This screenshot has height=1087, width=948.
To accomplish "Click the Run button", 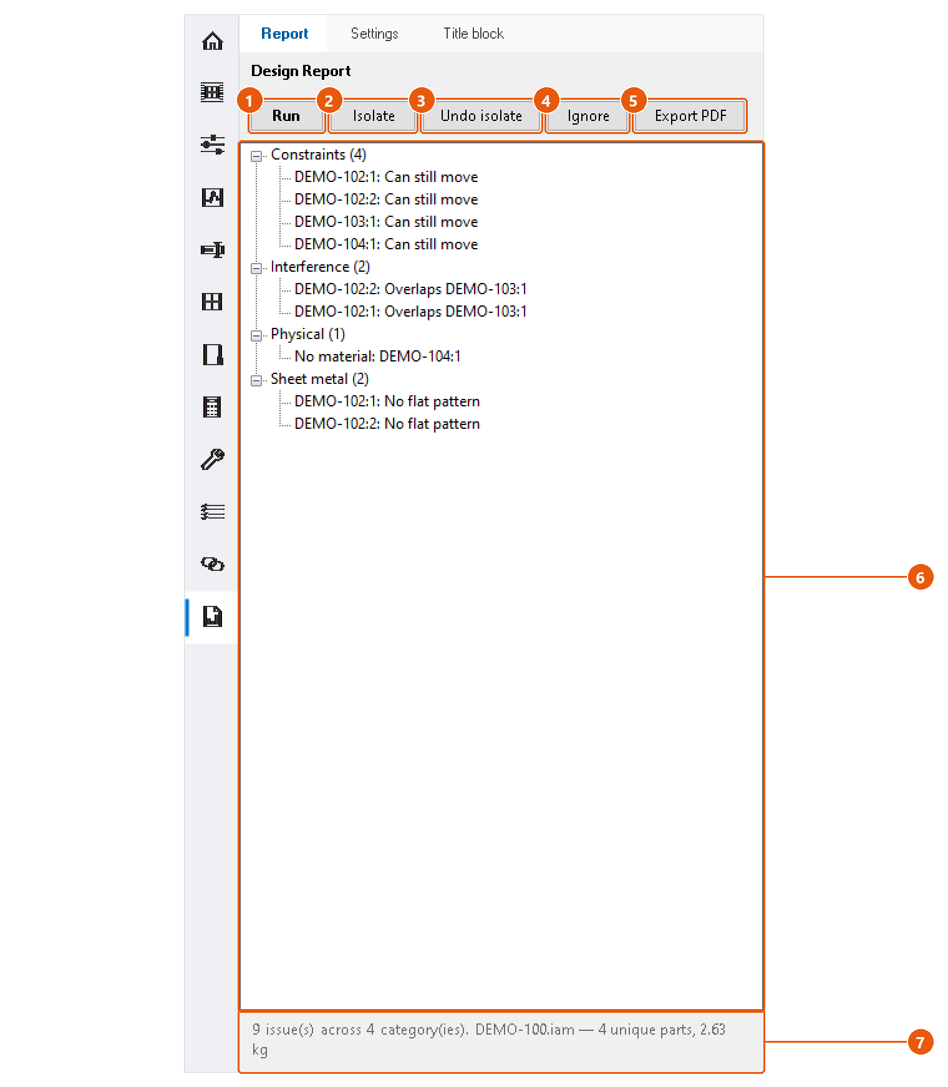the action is click(x=286, y=116).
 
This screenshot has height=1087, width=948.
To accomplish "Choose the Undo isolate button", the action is click(x=481, y=116).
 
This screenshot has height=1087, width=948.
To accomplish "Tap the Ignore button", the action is click(x=588, y=116).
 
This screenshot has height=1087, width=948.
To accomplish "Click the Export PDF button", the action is click(x=690, y=116).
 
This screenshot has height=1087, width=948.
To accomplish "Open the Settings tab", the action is click(x=374, y=34).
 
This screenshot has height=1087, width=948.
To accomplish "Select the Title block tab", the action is click(x=473, y=34).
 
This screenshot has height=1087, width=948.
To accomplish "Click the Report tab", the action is click(x=284, y=34).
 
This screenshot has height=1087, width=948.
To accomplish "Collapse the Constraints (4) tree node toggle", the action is click(x=256, y=156).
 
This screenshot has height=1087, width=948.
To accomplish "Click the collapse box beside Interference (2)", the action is click(x=256, y=268).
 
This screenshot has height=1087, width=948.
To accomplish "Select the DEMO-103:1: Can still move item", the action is click(x=386, y=222).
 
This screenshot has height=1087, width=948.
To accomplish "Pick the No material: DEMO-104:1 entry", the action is click(x=377, y=357).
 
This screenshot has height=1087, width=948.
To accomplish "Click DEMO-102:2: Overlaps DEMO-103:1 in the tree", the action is click(x=410, y=289).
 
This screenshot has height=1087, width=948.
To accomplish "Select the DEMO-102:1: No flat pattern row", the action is click(x=387, y=401).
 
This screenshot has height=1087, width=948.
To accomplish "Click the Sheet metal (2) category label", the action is click(x=319, y=379).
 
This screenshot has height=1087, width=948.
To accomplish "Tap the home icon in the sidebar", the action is click(x=213, y=41).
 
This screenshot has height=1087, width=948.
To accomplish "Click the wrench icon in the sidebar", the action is click(x=213, y=459).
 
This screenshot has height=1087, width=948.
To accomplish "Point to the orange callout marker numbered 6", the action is click(x=920, y=577).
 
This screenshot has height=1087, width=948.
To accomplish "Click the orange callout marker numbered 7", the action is click(x=920, y=1042).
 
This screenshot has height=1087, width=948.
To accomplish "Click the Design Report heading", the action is click(x=301, y=71).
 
